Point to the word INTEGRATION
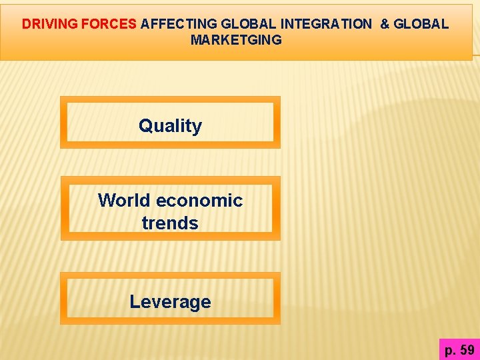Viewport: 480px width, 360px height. point(326,24)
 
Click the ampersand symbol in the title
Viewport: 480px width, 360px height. point(385,24)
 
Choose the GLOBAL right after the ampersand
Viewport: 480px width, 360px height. point(421,24)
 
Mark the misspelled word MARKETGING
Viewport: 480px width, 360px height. point(236,40)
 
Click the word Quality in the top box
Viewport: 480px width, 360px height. point(170,125)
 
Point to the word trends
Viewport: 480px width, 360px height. point(170,223)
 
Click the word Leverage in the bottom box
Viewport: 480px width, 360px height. point(170,301)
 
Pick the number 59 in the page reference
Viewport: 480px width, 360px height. point(467,349)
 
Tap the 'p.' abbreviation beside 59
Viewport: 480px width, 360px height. point(451,349)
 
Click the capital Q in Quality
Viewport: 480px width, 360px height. point(145,125)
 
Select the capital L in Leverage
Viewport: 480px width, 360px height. point(134,301)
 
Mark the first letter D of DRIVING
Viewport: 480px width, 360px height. point(26,24)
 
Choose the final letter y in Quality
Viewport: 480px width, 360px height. point(197,127)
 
